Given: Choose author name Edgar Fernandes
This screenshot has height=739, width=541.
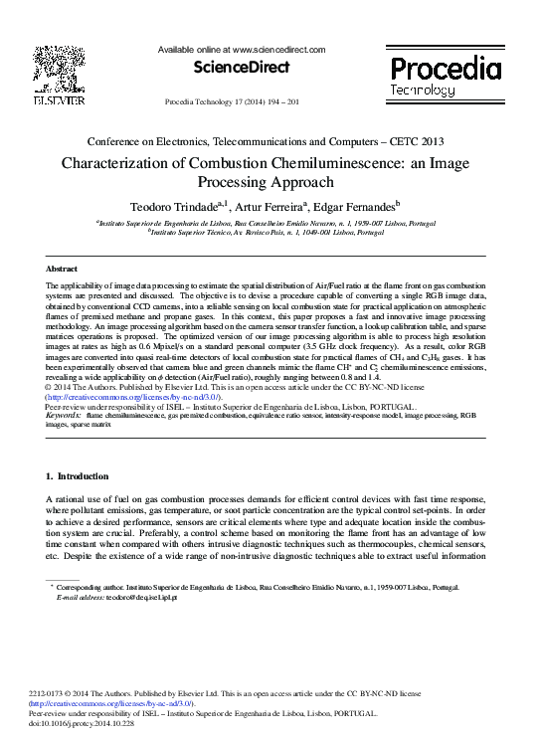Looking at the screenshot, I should click(353, 205).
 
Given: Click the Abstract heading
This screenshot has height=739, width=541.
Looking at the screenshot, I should click(62, 269).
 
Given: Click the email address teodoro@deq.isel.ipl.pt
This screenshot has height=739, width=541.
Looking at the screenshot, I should click(118, 598).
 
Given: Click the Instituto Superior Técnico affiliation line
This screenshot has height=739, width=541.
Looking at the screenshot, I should click(266, 232).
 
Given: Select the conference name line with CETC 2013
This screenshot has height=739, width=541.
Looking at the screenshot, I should click(266, 143).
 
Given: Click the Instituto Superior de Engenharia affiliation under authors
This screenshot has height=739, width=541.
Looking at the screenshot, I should click(266, 223).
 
